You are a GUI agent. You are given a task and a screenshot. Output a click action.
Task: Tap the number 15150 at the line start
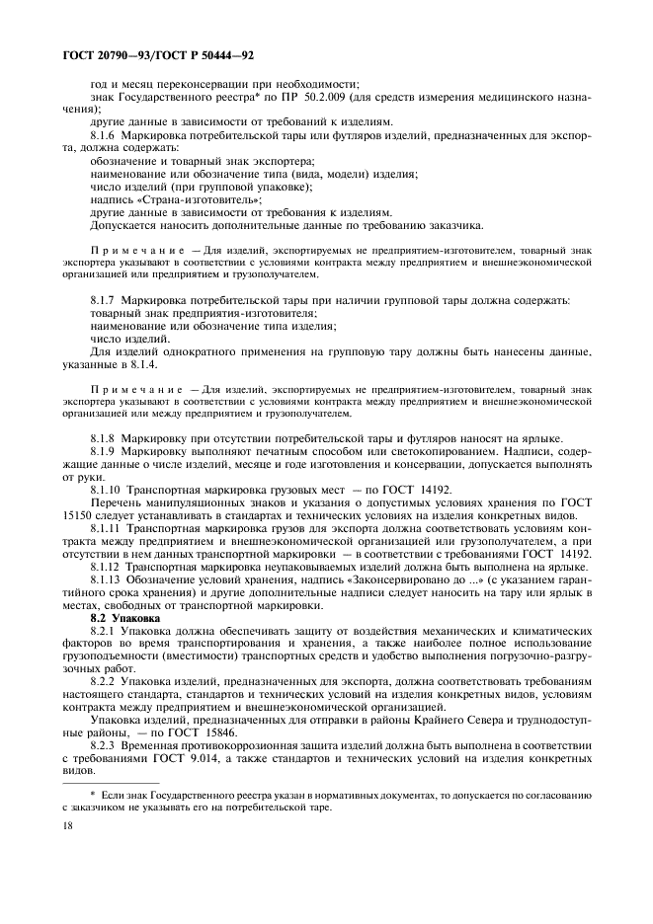click(x=75, y=515)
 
